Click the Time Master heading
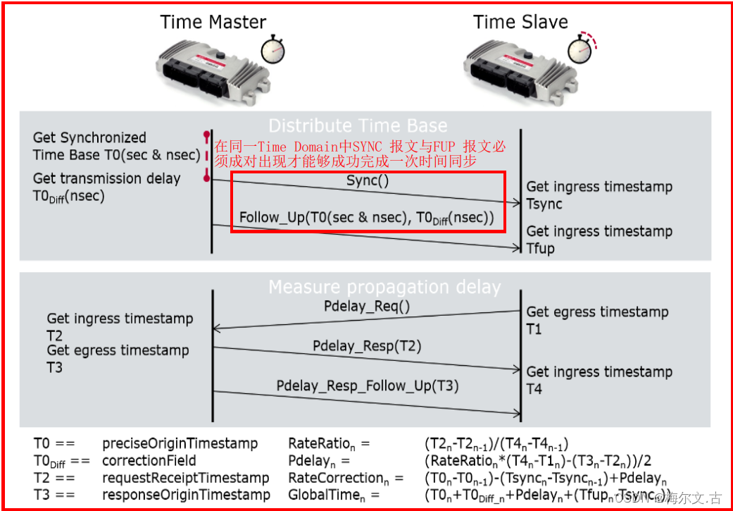tap(213, 22)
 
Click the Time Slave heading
tap(520, 22)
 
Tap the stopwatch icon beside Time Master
tap(273, 49)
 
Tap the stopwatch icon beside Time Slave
tap(582, 48)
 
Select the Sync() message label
tap(368, 180)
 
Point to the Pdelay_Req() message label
tap(367, 307)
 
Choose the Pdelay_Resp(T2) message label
tap(367, 346)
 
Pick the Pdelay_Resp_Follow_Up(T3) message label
tap(368, 386)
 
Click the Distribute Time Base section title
tap(358, 126)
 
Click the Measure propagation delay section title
tap(384, 287)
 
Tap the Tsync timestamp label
tap(544, 204)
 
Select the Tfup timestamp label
tap(541, 248)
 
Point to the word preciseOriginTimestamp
tap(180, 444)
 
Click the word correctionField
tap(149, 462)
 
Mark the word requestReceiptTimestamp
tap(186, 478)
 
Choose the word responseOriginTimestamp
tap(187, 495)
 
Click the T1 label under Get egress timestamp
tap(534, 328)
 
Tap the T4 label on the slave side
tap(534, 388)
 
